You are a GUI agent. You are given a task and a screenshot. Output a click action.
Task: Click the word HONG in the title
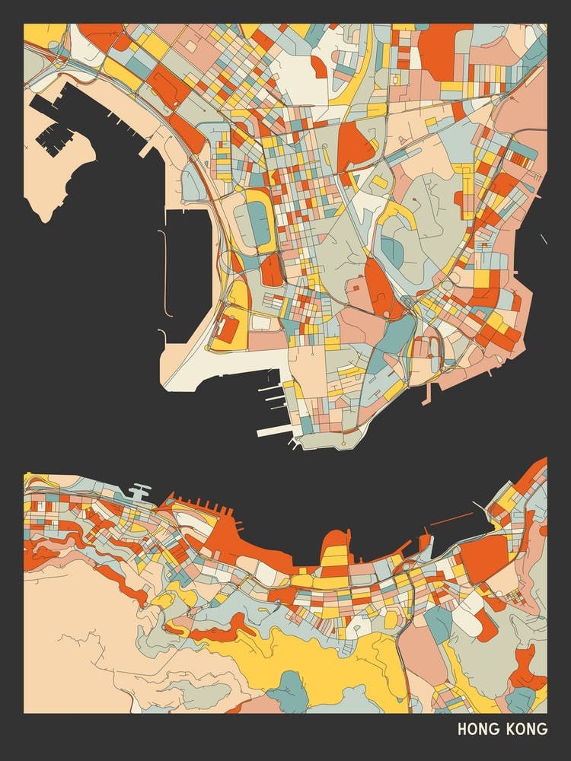coord(477,729)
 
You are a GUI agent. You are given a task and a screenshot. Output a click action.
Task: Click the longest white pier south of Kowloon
coord(274,431)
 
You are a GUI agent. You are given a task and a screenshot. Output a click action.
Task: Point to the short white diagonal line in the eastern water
coord(544,239)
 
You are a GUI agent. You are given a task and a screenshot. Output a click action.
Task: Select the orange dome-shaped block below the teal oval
coord(271,271)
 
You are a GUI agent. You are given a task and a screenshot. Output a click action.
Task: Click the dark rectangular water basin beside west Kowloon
coord(187,263)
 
